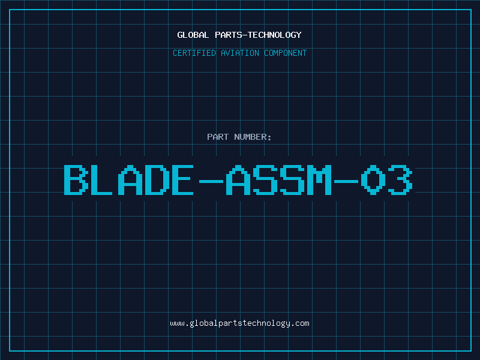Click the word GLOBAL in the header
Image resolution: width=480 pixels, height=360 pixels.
click(193, 35)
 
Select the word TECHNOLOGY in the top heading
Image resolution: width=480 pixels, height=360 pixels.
click(275, 35)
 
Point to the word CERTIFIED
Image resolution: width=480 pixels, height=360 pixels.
click(194, 53)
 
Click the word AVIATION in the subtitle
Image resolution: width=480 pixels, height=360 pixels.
click(240, 53)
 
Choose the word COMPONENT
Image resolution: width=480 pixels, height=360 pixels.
click(286, 53)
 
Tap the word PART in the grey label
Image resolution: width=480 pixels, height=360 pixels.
click(218, 137)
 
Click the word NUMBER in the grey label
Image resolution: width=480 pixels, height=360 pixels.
click(250, 137)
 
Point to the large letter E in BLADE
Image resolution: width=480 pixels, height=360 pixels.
click(183, 180)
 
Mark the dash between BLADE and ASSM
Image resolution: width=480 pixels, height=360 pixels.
click(211, 181)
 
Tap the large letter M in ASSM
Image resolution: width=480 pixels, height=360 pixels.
click(319, 180)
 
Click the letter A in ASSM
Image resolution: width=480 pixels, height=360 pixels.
click(238, 180)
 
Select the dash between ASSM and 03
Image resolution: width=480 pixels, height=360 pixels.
click(346, 181)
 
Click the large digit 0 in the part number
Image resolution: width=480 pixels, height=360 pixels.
click(373, 180)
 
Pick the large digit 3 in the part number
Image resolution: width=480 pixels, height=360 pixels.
click(400, 180)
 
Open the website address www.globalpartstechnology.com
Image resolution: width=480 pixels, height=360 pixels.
click(239, 323)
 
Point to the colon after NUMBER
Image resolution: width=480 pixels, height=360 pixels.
click(269, 138)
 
